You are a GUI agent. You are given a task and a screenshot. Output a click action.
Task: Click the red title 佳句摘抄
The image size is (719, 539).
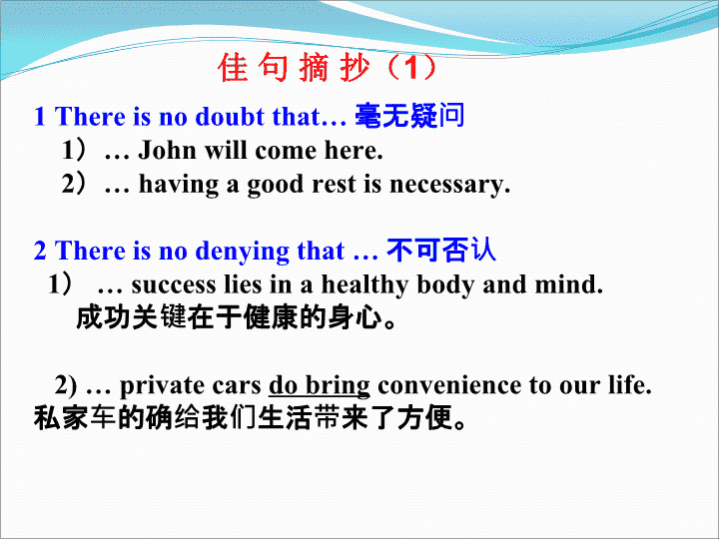point(294,67)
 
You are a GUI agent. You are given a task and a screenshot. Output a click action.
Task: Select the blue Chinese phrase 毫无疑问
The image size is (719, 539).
point(409,115)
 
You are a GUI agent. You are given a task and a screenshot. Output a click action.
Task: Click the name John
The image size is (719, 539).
point(168,150)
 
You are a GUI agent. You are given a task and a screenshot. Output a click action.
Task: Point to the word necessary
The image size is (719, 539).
point(449,185)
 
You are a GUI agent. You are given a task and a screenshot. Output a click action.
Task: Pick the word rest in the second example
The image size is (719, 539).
point(334,184)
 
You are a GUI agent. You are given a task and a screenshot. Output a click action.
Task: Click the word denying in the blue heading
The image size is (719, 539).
point(242,252)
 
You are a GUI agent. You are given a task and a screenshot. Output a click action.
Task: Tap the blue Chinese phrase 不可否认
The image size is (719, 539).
point(441,250)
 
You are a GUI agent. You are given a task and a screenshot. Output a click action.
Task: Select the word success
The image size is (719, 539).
point(174,284)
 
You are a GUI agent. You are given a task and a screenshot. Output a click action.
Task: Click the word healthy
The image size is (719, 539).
point(364,285)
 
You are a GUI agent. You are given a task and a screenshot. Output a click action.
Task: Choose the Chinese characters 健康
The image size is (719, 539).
point(271,317)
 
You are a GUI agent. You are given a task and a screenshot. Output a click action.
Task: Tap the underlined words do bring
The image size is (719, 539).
point(320,386)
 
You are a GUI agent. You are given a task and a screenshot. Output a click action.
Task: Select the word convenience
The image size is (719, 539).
point(449,385)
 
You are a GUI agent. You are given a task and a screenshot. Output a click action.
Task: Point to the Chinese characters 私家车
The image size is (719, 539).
point(75,418)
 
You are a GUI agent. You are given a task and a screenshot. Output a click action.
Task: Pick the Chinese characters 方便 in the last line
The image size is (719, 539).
point(425,418)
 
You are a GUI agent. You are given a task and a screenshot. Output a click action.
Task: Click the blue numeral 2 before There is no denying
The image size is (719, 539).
point(40,251)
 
